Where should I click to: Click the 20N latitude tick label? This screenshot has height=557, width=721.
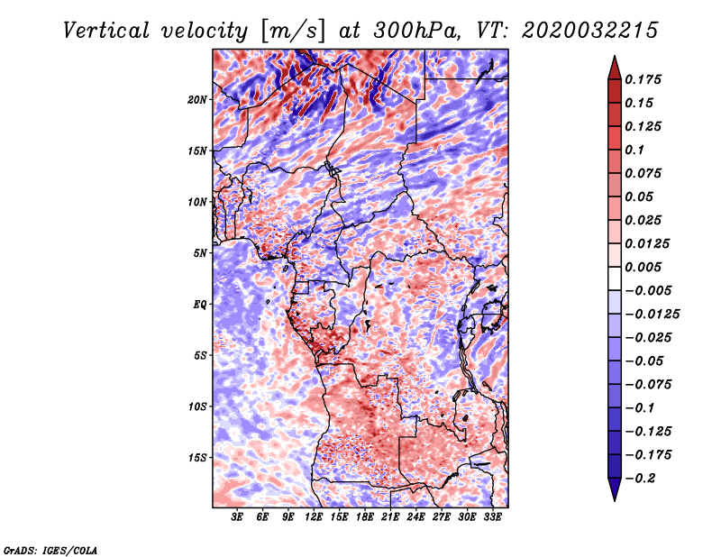(197, 100)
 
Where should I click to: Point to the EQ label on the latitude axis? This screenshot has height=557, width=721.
(200, 305)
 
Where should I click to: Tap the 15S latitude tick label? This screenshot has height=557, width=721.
(197, 458)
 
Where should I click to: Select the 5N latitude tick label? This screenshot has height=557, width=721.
(200, 253)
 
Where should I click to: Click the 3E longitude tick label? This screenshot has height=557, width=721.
(237, 517)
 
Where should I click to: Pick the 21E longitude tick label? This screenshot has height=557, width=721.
(390, 517)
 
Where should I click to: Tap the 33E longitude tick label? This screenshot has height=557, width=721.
(492, 517)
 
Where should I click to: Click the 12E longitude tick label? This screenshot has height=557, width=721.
(313, 517)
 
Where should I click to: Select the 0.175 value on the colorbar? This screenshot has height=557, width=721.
(643, 79)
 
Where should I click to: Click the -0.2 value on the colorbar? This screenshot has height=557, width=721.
(640, 479)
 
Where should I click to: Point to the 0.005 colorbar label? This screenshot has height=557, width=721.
(643, 267)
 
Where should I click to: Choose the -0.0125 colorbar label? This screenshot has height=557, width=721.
(652, 315)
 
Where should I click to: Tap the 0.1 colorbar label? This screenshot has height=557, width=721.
(634, 150)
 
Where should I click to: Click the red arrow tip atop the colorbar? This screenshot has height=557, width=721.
(615, 57)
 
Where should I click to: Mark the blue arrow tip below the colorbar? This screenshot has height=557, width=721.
(615, 500)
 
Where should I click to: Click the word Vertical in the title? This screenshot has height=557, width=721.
(105, 31)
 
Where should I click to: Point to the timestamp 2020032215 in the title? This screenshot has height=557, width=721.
(590, 31)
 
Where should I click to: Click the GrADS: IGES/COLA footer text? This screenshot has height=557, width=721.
(50, 550)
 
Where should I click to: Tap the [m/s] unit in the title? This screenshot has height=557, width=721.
(293, 31)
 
